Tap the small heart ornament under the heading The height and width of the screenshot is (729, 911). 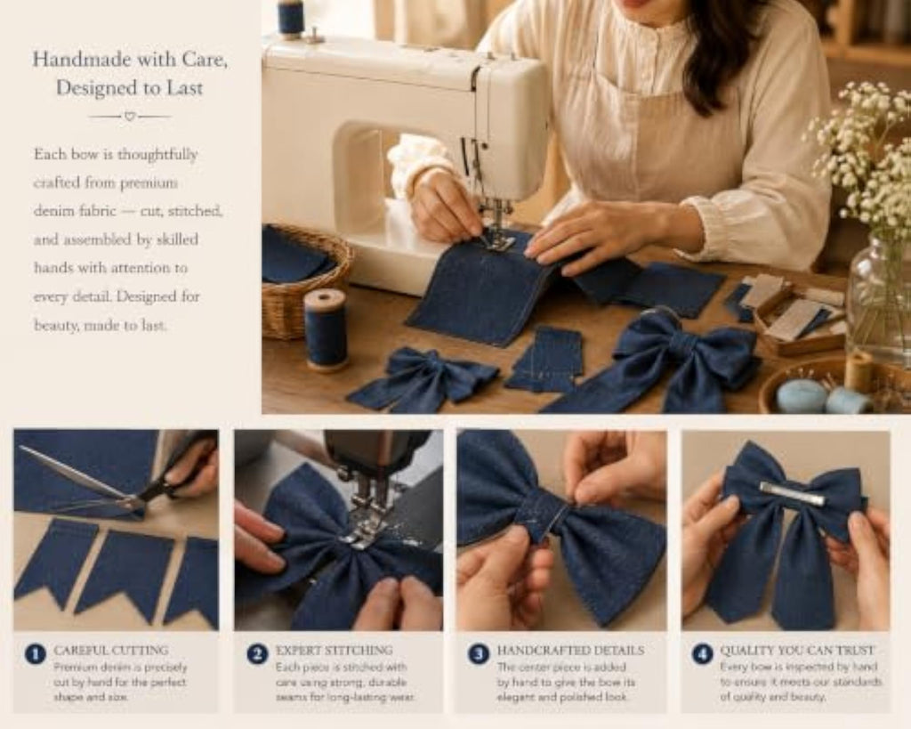[130, 117]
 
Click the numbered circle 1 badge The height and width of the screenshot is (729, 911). [36, 654]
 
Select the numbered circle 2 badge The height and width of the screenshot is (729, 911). [257, 654]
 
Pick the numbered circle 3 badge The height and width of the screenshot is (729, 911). [479, 654]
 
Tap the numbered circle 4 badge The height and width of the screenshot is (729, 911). [702, 654]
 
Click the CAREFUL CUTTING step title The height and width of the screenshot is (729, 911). [111, 650]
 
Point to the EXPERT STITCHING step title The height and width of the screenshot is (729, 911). [335, 650]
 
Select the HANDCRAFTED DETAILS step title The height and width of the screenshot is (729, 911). [570, 650]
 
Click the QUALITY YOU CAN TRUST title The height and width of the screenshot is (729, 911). [797, 650]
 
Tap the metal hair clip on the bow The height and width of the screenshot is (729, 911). [791, 493]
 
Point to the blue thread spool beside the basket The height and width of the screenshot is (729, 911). [326, 329]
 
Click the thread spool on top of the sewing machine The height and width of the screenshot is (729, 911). [291, 18]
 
